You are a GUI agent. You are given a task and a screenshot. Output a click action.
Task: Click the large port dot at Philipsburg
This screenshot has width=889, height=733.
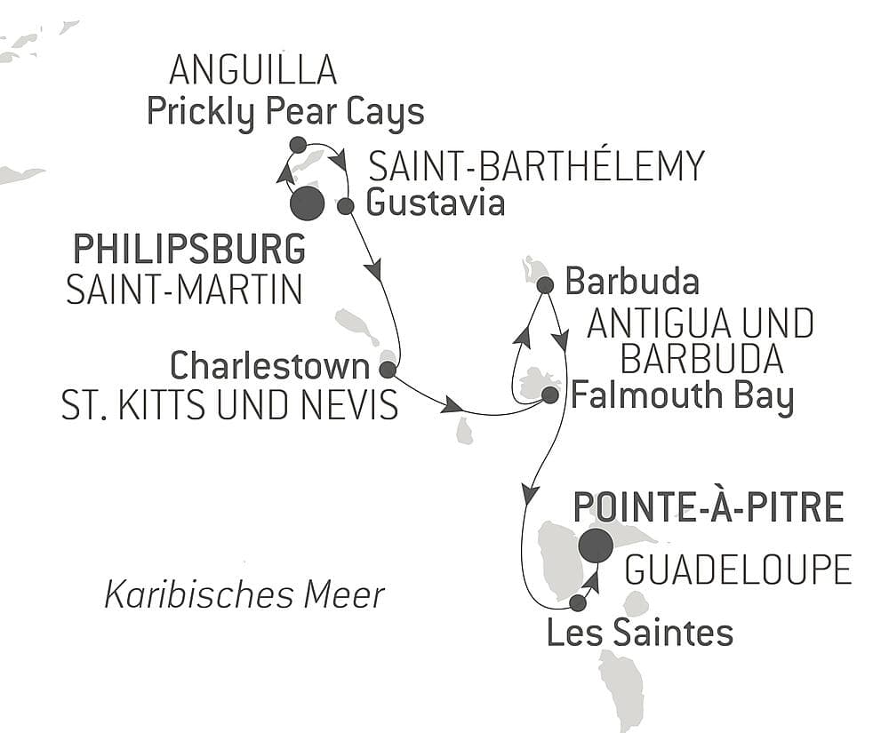point(308,203)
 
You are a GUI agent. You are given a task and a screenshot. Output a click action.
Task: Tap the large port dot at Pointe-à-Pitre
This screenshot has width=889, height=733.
point(596,546)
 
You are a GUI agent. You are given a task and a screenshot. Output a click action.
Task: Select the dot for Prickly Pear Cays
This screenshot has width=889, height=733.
point(298,145)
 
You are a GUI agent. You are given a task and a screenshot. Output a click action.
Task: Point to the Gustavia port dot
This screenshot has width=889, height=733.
point(346,206)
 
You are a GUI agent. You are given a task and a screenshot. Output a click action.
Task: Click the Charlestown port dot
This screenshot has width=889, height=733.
point(387,369)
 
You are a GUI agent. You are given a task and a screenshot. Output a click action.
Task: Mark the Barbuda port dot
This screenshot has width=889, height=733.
point(546,285)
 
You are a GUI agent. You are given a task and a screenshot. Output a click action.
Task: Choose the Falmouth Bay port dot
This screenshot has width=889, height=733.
point(550,394)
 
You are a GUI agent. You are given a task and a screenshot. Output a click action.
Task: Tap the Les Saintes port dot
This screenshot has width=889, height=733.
point(577,603)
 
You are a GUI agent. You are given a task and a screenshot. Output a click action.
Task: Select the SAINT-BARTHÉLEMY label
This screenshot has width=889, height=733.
point(536,166)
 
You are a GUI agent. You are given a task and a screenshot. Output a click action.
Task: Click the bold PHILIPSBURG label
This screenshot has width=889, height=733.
point(189,250)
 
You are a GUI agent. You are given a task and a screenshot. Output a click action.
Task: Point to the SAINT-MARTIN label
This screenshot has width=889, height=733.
point(185,290)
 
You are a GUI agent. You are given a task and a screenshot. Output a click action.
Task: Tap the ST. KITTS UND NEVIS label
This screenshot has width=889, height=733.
point(229,405)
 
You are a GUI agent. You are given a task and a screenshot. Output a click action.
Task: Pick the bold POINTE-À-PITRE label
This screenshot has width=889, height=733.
point(709,507)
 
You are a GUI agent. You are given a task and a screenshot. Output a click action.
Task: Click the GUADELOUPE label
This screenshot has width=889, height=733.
point(738,570)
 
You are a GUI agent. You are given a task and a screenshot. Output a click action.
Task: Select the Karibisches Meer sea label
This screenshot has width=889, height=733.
point(244,594)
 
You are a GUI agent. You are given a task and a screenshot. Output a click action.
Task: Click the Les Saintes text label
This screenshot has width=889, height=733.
point(639,633)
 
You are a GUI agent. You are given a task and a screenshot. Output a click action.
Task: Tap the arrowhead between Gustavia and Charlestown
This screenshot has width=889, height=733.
point(375,267)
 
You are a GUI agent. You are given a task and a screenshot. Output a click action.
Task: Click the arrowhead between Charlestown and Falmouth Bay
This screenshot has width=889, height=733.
point(453,406)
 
